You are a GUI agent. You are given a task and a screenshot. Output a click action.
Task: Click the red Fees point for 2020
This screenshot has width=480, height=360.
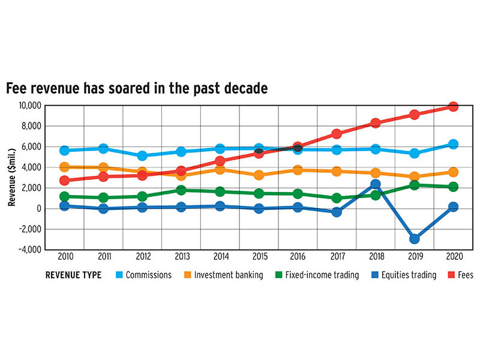click(x=453, y=107)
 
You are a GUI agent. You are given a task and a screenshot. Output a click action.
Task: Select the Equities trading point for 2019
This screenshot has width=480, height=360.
click(x=415, y=239)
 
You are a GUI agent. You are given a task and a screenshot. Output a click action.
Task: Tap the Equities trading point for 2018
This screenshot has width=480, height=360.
click(x=376, y=184)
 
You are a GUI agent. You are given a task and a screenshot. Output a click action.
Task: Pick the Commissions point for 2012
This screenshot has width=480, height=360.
click(x=142, y=156)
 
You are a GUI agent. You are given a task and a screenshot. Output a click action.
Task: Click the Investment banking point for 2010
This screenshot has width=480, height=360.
click(x=65, y=167)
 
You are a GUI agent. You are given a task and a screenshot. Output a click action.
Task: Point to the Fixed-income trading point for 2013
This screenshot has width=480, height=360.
click(x=181, y=190)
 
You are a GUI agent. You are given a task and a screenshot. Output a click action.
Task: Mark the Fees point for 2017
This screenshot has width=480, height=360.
click(x=337, y=134)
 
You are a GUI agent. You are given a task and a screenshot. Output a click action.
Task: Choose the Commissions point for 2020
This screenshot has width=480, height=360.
click(x=453, y=144)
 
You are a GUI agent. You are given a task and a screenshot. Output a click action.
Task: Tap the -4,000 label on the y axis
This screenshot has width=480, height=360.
click(x=28, y=250)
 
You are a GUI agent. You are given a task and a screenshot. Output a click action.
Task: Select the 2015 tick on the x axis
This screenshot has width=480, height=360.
click(x=259, y=258)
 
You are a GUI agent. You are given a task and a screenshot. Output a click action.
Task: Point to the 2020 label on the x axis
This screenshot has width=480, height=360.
click(x=454, y=258)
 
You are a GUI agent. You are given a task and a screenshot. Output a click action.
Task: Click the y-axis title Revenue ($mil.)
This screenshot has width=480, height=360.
click(x=12, y=178)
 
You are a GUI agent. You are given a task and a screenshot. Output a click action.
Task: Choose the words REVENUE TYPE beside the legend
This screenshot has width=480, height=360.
click(x=73, y=275)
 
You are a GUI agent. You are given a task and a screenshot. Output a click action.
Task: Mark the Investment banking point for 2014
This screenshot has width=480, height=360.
click(x=220, y=170)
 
